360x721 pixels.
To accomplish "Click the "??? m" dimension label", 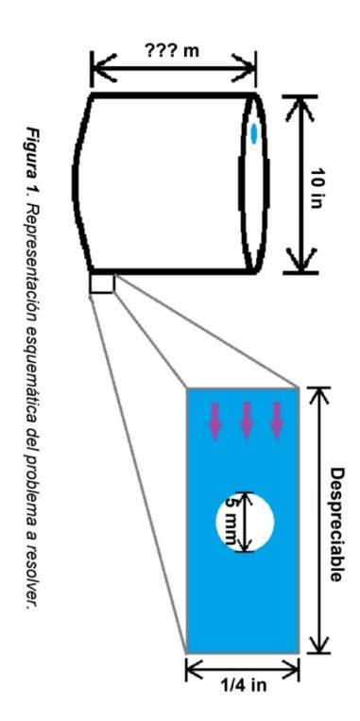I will (173, 48).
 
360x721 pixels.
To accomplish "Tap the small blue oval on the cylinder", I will (253, 133).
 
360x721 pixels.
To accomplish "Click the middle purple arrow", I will (246, 421).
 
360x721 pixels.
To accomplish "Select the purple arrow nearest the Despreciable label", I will (277, 421).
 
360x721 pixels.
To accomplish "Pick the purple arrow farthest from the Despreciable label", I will (214, 421).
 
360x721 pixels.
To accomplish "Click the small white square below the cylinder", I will (101, 283).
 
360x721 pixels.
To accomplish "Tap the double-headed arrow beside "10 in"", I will (301, 182).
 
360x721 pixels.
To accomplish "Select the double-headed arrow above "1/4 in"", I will (243, 670).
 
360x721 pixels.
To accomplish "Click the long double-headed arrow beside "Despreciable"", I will (318, 520).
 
